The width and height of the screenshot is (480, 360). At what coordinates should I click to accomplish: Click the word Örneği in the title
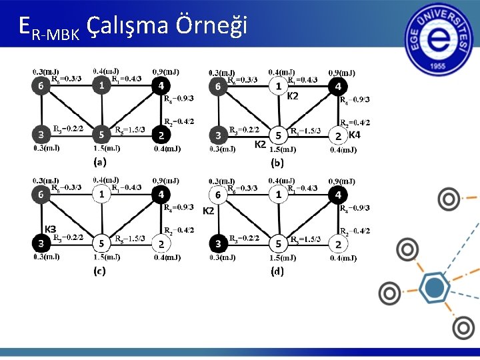coord(211,25)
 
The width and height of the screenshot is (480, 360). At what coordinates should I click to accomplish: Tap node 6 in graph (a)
coord(41,85)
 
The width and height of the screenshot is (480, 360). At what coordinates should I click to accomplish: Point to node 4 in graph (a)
coord(161,85)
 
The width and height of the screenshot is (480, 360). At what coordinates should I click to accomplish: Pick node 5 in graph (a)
coord(101,134)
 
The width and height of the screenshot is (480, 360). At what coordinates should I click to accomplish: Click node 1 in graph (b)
coord(279,86)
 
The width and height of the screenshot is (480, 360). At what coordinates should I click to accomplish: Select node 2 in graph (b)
coord(338,136)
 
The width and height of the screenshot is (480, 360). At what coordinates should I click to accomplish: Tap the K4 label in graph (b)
coord(354,135)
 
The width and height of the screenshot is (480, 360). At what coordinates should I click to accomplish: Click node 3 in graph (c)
coord(41,243)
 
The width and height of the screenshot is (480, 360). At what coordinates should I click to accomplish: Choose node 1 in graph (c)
coord(101,194)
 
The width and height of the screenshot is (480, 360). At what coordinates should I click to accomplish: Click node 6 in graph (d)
coord(218,195)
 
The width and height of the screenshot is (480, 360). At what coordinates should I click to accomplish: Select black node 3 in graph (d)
coord(218,243)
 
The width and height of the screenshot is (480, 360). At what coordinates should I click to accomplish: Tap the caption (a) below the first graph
coord(99,161)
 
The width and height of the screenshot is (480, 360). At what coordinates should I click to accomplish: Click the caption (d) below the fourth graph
coord(277,271)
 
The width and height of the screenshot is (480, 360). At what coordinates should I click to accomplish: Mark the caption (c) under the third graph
coord(99,271)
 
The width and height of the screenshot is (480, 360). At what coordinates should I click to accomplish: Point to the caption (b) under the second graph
coord(277,162)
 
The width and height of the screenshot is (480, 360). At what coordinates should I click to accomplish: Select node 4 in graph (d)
coord(338,195)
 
